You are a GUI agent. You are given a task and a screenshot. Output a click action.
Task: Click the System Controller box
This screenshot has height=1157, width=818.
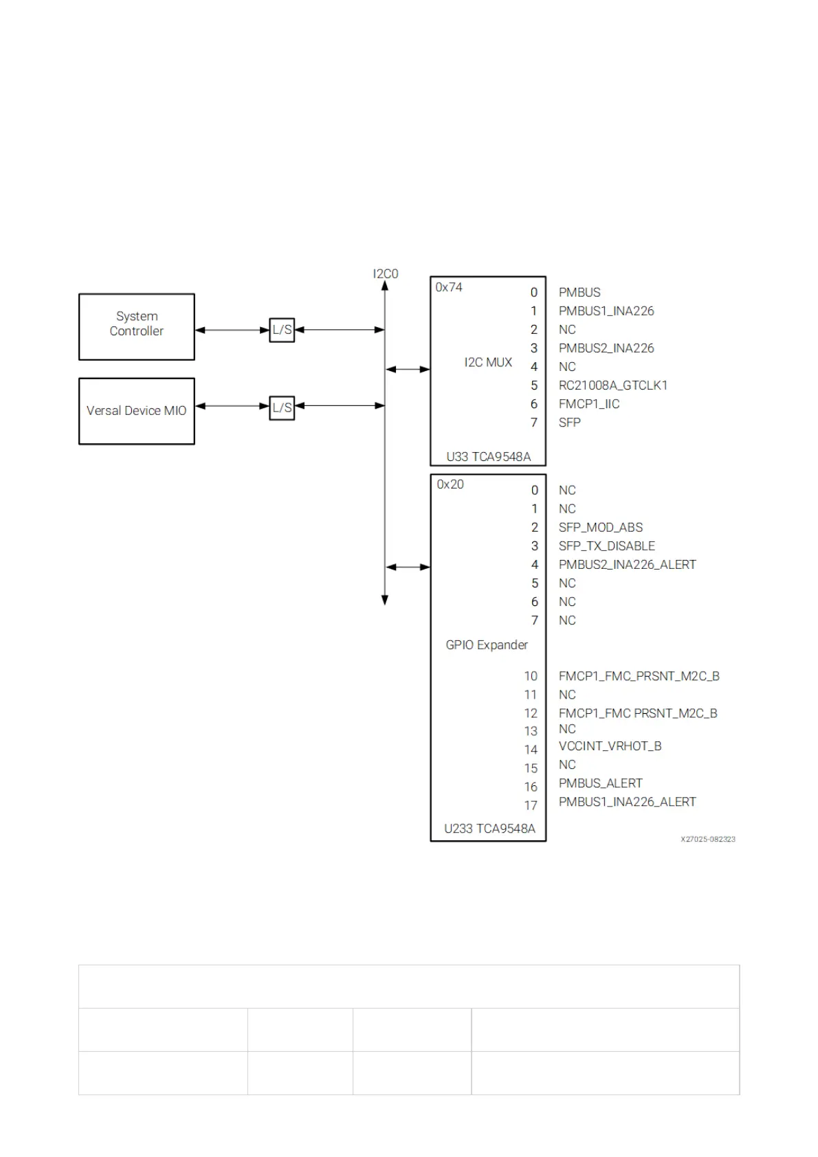click(137, 326)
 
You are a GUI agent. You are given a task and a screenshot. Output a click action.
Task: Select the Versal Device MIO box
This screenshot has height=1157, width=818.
click(137, 411)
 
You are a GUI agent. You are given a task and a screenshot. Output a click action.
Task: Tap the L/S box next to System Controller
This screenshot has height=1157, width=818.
click(282, 330)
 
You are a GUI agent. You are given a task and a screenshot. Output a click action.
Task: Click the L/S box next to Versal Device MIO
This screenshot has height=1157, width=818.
click(282, 407)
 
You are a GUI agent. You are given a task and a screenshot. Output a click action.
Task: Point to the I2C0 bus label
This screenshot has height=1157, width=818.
click(385, 273)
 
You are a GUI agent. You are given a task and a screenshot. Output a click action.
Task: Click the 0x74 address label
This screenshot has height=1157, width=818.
click(449, 287)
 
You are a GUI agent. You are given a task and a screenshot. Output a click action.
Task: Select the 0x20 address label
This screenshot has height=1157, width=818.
click(450, 484)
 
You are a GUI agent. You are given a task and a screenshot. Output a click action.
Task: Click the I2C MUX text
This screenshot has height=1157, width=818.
click(488, 362)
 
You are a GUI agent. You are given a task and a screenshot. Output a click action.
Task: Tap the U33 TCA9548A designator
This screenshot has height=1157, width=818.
click(488, 456)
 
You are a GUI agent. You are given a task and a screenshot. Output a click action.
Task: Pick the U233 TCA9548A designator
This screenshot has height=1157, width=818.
click(489, 829)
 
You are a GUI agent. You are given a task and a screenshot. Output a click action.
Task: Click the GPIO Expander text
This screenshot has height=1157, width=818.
click(487, 644)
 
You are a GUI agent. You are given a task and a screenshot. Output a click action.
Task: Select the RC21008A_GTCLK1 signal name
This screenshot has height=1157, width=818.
click(612, 385)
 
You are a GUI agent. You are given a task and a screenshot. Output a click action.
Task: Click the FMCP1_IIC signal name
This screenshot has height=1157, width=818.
click(589, 404)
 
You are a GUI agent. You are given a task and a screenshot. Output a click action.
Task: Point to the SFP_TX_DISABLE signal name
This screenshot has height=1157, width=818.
click(607, 546)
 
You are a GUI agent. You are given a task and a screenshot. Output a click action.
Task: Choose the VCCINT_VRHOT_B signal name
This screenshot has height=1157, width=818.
click(610, 746)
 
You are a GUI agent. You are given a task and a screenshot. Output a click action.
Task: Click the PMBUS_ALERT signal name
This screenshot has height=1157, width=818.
click(600, 783)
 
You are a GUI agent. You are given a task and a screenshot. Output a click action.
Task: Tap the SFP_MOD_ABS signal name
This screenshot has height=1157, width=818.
click(601, 528)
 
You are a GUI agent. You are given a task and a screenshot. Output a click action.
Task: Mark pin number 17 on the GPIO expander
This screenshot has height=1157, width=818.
click(531, 805)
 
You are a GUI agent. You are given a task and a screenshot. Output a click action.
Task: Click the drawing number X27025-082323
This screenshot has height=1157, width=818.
click(708, 839)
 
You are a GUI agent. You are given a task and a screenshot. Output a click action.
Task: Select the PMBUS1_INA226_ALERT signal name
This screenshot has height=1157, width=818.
click(627, 802)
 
